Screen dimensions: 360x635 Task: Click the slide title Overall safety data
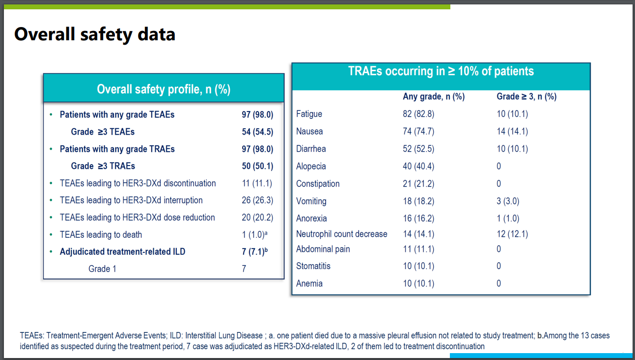[95, 34]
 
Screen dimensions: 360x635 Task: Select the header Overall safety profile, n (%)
[164, 89]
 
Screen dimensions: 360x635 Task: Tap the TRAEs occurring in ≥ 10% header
[441, 71]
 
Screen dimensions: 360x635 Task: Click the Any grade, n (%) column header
[434, 97]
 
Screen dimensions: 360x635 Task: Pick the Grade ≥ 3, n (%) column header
[526, 97]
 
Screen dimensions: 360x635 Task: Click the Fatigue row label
[309, 114]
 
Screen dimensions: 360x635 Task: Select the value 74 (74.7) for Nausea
[418, 132]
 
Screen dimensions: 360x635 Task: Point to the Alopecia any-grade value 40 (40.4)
[418, 166]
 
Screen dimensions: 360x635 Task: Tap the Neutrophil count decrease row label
[342, 234]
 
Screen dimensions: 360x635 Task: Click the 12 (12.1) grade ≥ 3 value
[512, 234]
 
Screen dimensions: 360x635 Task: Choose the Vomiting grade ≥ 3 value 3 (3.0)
[508, 201]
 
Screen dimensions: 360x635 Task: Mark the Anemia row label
[309, 283]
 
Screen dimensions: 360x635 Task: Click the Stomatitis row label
[313, 266]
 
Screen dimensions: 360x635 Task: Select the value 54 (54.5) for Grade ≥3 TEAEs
[257, 132]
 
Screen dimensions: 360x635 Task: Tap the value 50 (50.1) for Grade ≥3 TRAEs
[257, 166]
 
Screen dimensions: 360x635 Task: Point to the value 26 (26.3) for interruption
[257, 200]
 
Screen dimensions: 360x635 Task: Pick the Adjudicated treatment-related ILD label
[122, 252]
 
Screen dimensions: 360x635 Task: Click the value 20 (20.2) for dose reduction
[257, 218]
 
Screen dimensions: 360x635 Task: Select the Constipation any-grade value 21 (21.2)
[418, 184]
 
